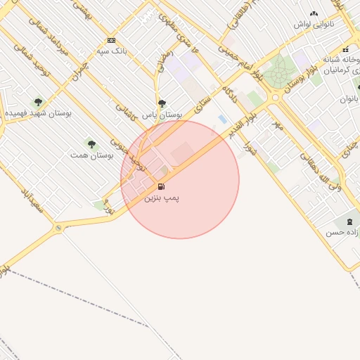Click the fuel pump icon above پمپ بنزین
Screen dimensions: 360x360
162,187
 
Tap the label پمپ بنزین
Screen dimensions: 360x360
162,198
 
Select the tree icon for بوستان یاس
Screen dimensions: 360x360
162,103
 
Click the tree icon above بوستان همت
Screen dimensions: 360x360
91,143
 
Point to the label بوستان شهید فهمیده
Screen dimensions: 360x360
35,112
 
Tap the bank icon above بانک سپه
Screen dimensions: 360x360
111,40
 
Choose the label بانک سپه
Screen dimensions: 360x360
112,51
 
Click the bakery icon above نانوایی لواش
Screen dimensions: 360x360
314,13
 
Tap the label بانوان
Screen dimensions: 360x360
349,99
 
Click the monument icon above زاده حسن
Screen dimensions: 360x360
350,221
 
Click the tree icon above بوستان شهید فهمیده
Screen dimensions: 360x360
38,102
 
